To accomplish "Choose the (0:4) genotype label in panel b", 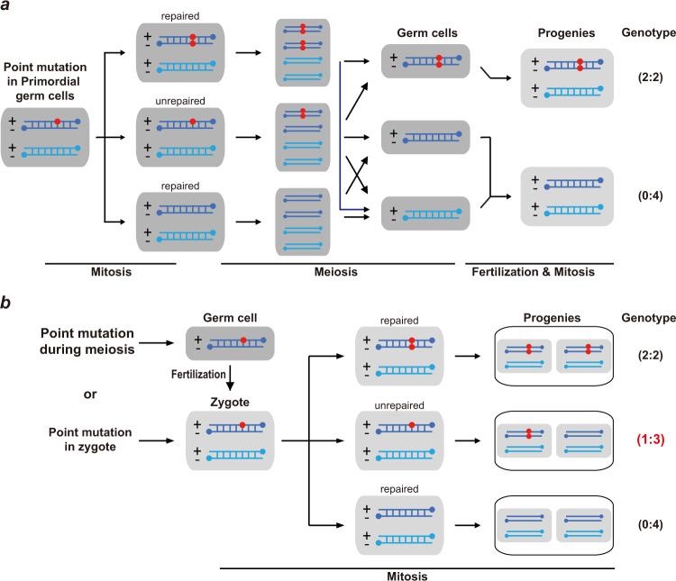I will pos(636,522).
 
